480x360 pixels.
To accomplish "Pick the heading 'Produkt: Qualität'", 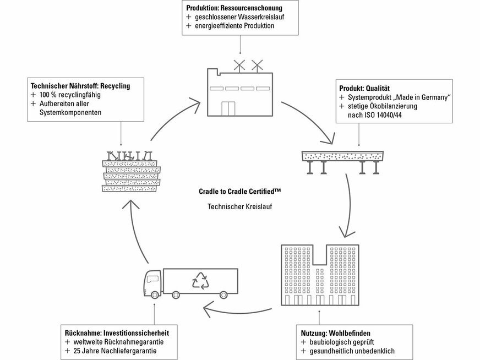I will pos(364,88).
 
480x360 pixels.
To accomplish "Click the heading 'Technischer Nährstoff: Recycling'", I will pos(80,86).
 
